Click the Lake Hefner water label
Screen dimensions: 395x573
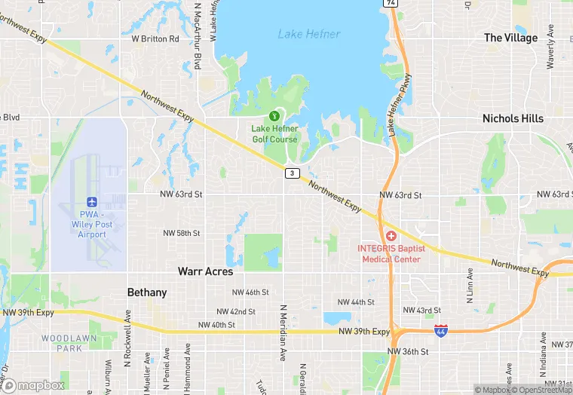(309, 34)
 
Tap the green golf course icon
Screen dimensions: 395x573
(274, 116)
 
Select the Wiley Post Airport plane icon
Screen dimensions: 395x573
(92, 201)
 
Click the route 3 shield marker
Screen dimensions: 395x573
(291, 173)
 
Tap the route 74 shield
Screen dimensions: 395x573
(390, 3)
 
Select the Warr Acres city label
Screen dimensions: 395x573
(205, 271)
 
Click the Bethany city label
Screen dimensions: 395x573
(146, 292)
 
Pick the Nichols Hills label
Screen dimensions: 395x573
(513, 118)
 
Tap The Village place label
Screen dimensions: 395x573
(510, 38)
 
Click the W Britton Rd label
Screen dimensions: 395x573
(155, 38)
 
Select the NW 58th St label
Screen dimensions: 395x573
(182, 234)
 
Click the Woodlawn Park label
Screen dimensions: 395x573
(69, 343)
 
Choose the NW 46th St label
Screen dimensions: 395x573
(250, 292)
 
